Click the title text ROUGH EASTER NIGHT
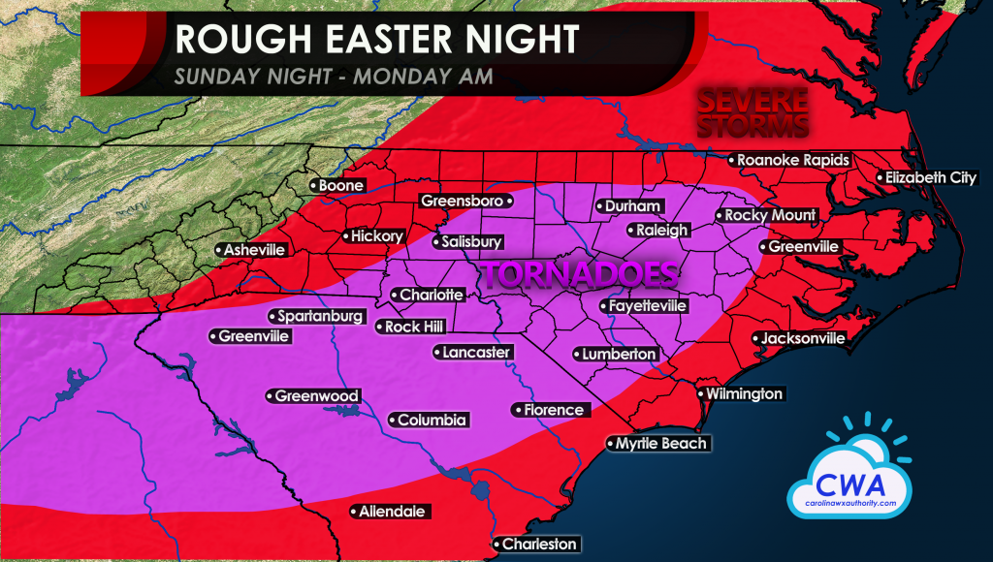[377, 40]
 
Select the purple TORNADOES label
[579, 274]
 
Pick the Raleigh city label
[662, 231]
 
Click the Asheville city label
[254, 250]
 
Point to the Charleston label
[539, 545]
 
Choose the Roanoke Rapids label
[792, 160]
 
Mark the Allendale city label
[392, 512]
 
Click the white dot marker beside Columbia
[392, 421]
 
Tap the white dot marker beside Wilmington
[700, 394]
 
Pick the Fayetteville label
[648, 305]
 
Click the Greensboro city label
[462, 201]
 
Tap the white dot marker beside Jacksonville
[756, 338]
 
